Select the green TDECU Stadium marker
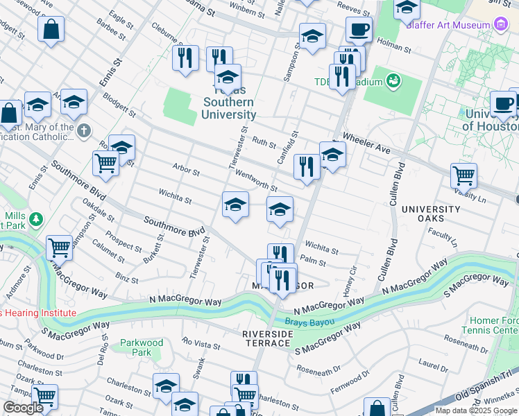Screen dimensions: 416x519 (x=394, y=81)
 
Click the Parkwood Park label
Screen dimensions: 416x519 (x=141, y=347)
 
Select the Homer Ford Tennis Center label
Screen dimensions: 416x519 (x=494, y=326)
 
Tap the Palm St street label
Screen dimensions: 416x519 (x=313, y=261)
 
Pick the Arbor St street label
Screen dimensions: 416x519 (x=186, y=170)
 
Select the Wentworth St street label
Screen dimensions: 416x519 (x=256, y=181)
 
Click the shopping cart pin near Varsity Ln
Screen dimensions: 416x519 (x=463, y=175)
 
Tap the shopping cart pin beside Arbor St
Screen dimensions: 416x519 (x=105, y=164)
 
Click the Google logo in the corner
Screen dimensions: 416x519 (x=23, y=408)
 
